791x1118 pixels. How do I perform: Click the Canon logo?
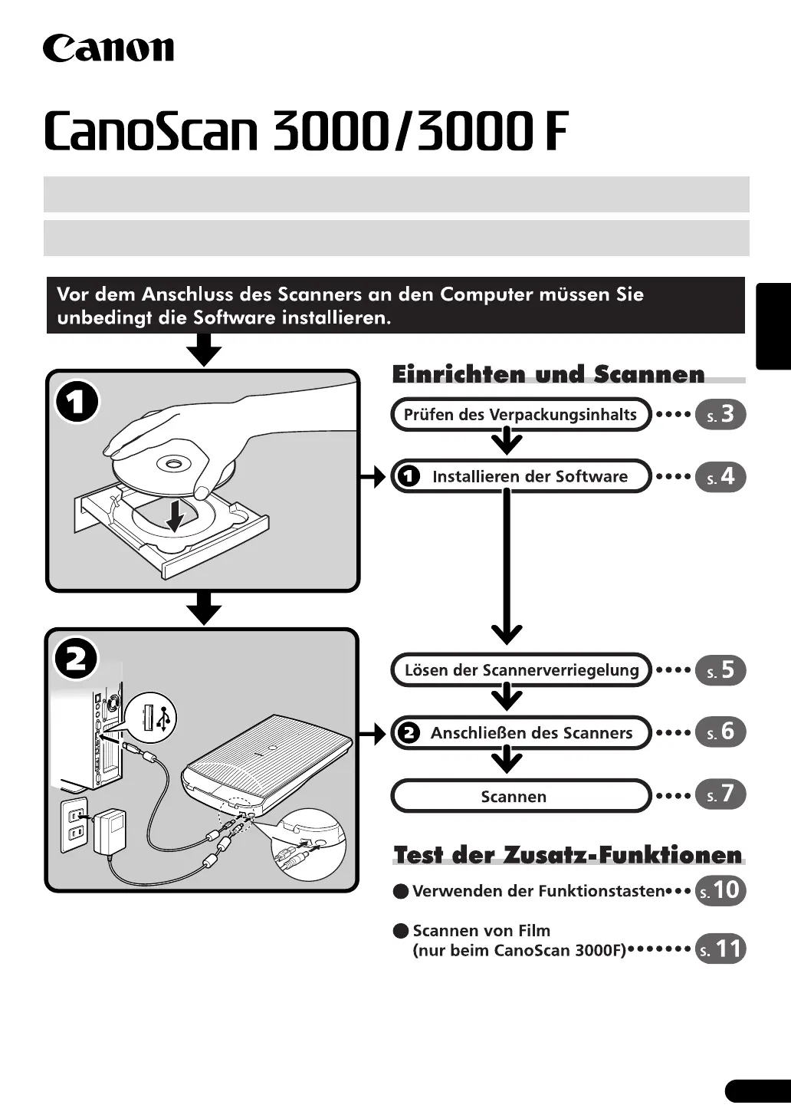[108, 48]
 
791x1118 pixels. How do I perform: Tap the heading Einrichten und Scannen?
[548, 374]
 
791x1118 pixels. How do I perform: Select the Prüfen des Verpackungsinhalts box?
[520, 415]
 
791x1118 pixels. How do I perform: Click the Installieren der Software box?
[521, 476]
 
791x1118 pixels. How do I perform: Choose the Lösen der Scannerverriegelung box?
[521, 670]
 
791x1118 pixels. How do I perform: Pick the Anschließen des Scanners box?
[521, 732]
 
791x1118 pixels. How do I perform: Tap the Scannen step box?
[521, 796]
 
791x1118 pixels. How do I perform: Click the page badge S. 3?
[720, 415]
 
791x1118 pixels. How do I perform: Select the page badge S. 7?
[720, 794]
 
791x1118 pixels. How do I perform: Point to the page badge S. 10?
[720, 890]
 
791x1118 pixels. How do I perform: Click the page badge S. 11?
[720, 949]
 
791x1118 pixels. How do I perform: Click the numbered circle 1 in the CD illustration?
[77, 402]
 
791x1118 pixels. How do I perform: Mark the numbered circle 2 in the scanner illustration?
[77, 659]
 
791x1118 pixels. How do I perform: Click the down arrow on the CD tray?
[176, 514]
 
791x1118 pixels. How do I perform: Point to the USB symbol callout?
[152, 719]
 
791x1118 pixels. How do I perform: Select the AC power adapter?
[109, 831]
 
